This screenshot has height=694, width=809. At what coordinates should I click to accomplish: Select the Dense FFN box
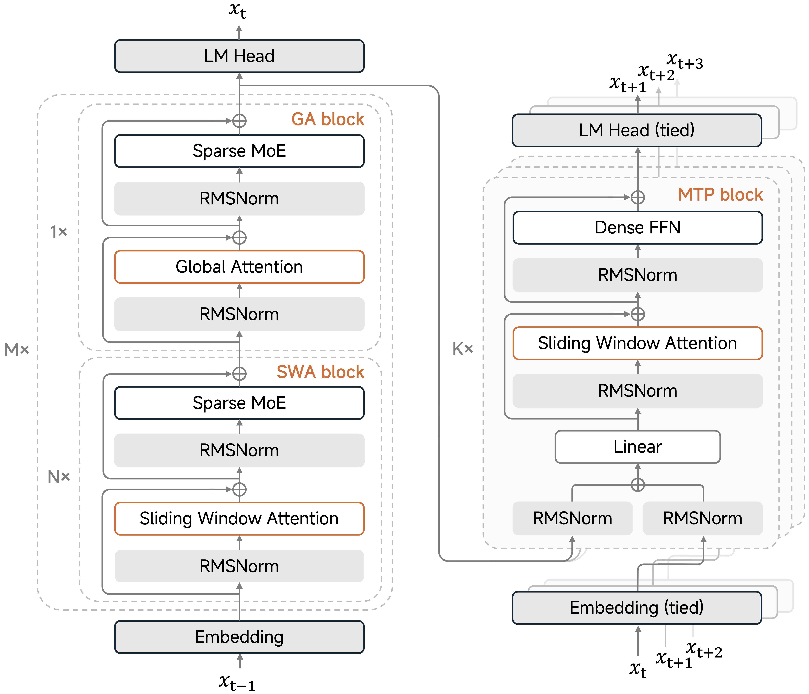(638, 228)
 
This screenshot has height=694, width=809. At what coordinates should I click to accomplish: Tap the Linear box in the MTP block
(638, 447)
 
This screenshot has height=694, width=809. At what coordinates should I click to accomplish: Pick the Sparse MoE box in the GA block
(239, 151)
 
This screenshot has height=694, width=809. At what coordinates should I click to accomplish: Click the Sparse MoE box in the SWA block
(239, 403)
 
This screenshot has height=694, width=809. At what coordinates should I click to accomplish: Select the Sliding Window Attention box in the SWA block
(239, 518)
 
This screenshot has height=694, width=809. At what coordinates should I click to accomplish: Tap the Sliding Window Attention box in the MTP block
(638, 343)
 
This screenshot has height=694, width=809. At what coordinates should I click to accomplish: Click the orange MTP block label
(720, 194)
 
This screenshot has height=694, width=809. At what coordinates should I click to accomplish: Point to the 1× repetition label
(59, 232)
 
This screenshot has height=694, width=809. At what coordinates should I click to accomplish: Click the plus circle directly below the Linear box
(638, 485)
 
